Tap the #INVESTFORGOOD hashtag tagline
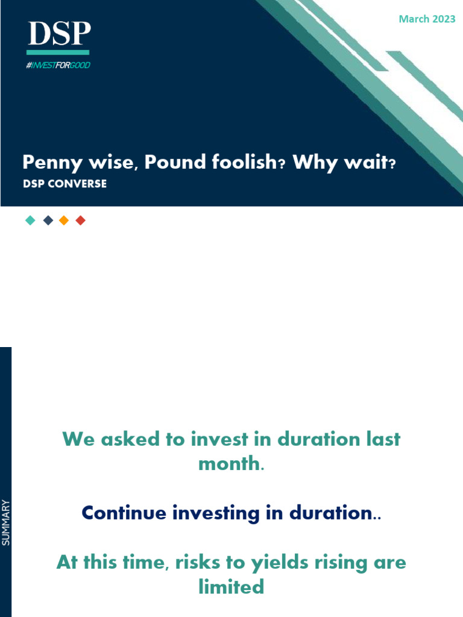tap(58, 65)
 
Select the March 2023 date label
tap(427, 19)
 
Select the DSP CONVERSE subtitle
tap(65, 184)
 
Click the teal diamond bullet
tap(30, 221)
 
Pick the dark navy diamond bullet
tap(48, 221)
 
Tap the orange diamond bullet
tap(64, 221)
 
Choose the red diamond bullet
tap(81, 221)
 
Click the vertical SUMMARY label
tap(6, 523)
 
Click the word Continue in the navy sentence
tap(124, 513)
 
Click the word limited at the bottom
tap(231, 586)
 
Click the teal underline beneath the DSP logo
tap(58, 52)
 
